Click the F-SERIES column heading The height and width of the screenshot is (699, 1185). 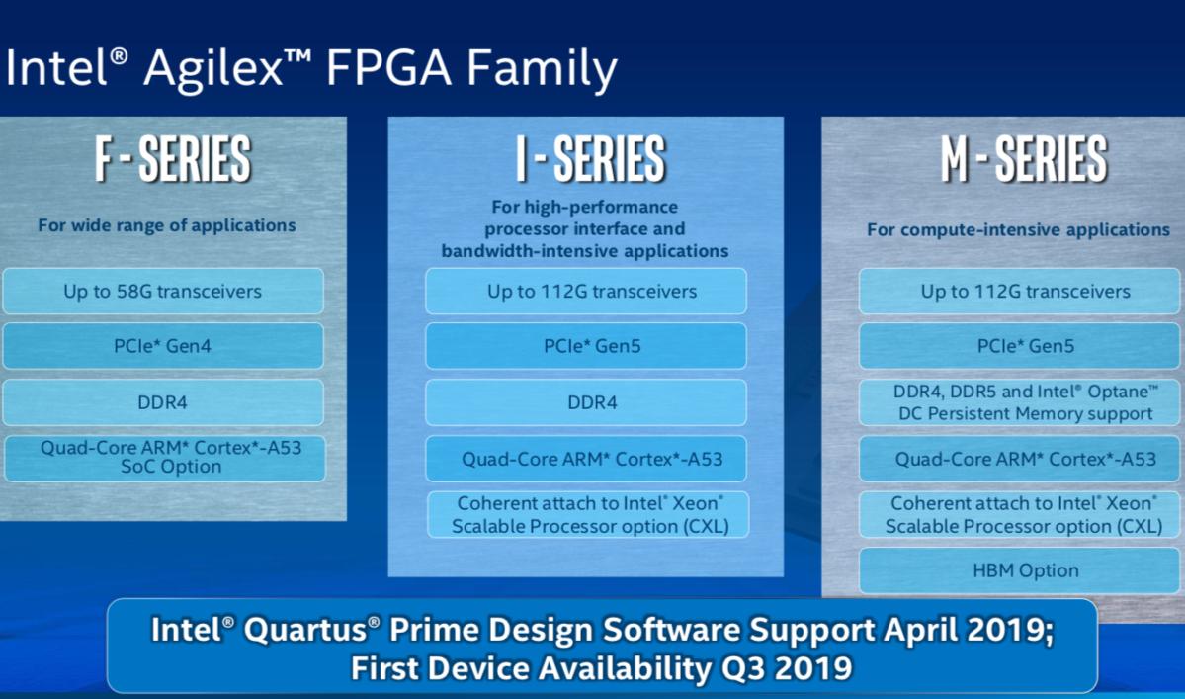tap(173, 160)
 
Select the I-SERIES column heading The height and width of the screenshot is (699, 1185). tap(590, 160)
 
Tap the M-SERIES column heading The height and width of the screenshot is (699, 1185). tap(1023, 160)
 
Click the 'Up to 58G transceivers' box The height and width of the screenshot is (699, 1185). tap(163, 292)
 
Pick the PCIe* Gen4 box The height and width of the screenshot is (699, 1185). tap(163, 346)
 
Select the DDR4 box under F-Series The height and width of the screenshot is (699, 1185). tap(163, 402)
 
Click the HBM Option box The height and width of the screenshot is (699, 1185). tap(1025, 570)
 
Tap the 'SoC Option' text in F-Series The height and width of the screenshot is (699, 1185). tap(170, 468)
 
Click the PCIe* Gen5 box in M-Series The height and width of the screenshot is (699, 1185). tap(1025, 346)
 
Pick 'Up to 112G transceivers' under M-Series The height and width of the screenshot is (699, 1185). tap(1025, 292)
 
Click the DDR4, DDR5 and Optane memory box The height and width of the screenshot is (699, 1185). tap(1025, 402)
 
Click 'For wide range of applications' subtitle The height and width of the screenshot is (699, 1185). tap(167, 225)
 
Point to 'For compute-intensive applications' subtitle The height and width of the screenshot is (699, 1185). tap(1018, 229)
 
